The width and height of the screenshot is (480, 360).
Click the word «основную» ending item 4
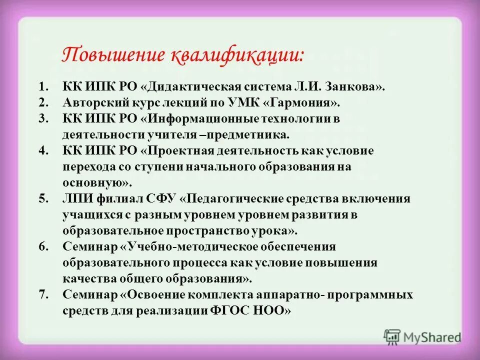point(94,183)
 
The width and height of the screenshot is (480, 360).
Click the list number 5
point(43,199)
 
